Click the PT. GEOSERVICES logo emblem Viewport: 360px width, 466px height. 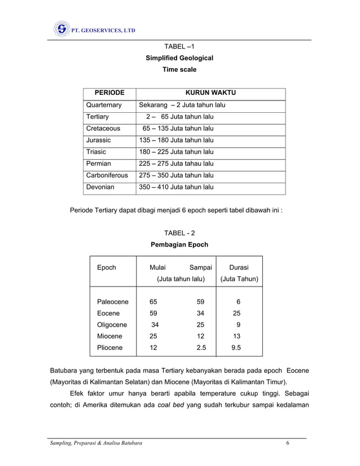(x=61, y=29)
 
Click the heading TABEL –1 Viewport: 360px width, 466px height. (x=179, y=46)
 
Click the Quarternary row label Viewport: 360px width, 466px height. (x=104, y=105)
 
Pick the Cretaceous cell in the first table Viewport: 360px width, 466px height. (x=103, y=129)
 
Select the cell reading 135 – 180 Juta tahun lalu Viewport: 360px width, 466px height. (x=176, y=140)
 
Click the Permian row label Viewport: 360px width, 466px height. (x=99, y=164)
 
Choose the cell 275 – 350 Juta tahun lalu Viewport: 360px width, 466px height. (x=176, y=175)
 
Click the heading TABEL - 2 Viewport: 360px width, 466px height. (x=179, y=233)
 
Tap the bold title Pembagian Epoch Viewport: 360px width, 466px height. (x=179, y=245)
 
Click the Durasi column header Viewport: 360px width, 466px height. (x=239, y=267)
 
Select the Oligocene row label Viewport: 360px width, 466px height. (x=112, y=325)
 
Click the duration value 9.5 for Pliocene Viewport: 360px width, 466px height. (x=239, y=348)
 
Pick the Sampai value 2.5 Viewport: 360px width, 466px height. (x=200, y=348)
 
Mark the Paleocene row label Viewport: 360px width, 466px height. (x=113, y=302)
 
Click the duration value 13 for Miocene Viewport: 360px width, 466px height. (x=239, y=336)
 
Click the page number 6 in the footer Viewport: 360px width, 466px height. (x=288, y=443)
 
